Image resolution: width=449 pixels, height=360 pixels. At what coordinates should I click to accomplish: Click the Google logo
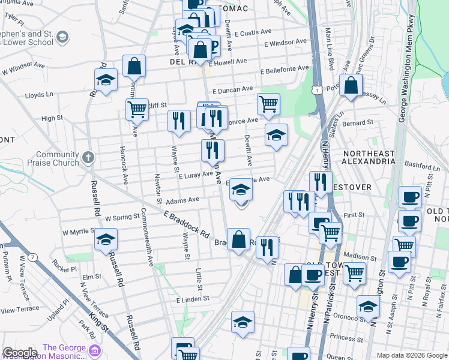(20, 352)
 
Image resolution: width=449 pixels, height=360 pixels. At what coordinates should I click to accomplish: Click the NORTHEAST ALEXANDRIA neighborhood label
(369, 157)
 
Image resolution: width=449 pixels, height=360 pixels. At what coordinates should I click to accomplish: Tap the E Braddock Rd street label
(186, 223)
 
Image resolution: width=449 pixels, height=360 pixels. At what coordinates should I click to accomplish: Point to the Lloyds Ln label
(39, 95)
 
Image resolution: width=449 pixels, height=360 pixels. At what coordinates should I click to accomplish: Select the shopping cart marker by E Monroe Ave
(268, 103)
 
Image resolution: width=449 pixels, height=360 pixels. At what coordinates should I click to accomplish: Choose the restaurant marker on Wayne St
(178, 121)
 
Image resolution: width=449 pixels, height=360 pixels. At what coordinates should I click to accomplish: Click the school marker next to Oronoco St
(368, 306)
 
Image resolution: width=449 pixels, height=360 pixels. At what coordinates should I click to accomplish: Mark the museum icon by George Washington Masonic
(94, 349)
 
